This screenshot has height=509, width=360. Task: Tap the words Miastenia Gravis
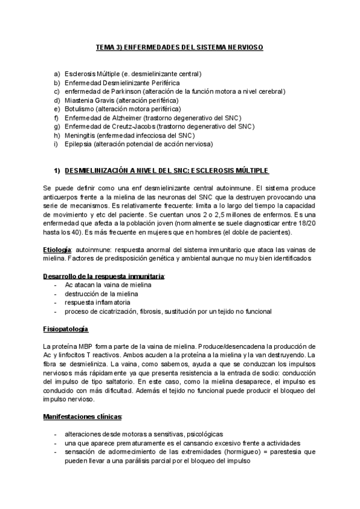point(89,100)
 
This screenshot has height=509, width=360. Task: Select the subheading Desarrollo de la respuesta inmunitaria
point(103,276)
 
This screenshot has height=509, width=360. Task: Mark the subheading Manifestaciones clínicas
point(82,417)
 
